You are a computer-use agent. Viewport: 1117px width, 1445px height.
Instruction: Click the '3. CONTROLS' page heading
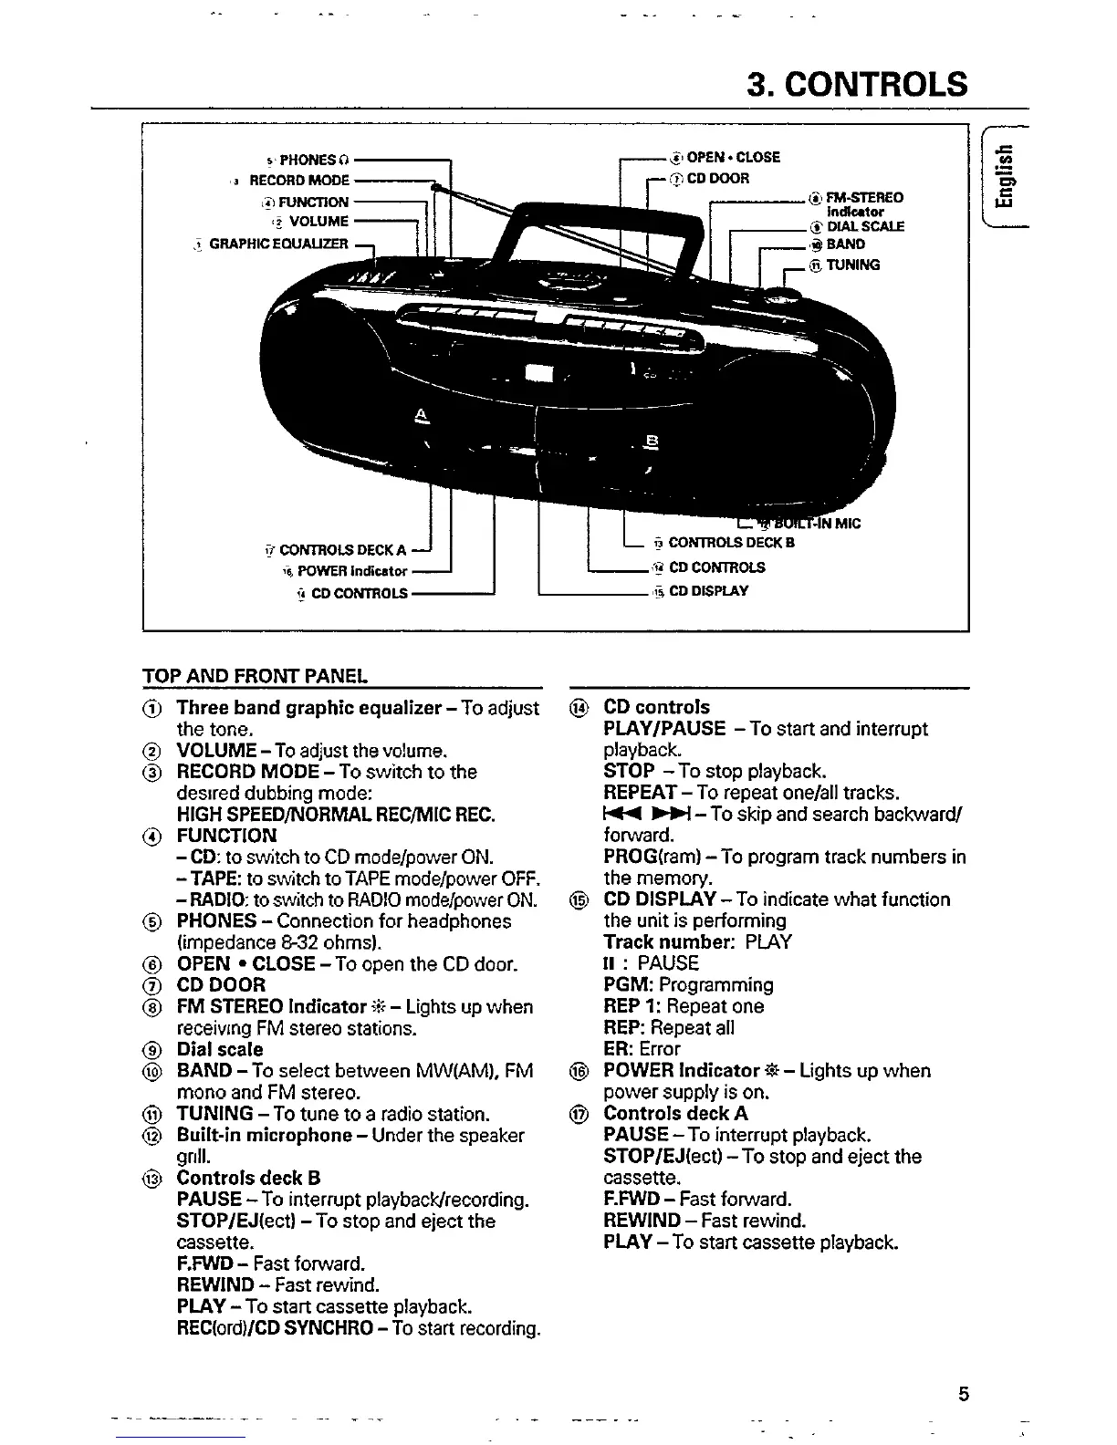tap(857, 84)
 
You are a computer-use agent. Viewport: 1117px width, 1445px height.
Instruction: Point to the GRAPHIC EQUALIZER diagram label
tap(278, 244)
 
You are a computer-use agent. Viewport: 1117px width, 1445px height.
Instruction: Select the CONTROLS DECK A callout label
tap(342, 550)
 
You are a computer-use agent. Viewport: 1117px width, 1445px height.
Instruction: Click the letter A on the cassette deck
tap(421, 415)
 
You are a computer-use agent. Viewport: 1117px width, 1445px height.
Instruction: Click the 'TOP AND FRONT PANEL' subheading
tap(256, 676)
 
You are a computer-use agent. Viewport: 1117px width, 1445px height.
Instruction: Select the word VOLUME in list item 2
tap(216, 751)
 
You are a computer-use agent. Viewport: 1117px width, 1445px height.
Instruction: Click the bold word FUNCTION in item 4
tap(226, 836)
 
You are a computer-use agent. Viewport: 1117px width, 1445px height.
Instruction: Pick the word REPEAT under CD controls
tap(640, 793)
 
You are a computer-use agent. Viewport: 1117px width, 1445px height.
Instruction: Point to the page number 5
tap(964, 1395)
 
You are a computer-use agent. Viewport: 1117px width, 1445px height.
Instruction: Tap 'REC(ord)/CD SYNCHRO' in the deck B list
tap(275, 1328)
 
